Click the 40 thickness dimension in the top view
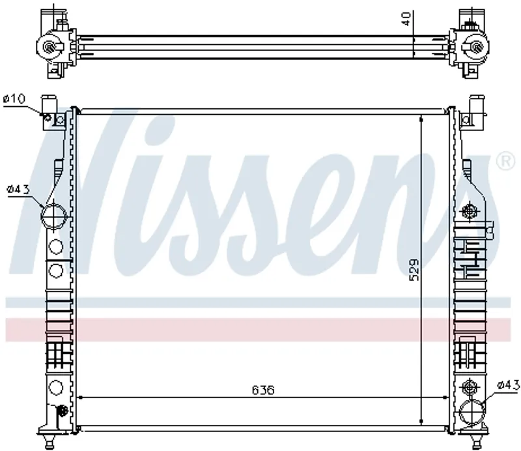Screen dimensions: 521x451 point(406,19)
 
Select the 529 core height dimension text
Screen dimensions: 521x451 point(414,269)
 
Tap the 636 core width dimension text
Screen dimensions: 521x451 point(263,390)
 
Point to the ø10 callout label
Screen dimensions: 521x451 point(14,98)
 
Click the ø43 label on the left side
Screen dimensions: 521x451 point(18,190)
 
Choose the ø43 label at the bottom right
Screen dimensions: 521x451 point(509,385)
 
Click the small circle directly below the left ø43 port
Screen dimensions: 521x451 point(55,247)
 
